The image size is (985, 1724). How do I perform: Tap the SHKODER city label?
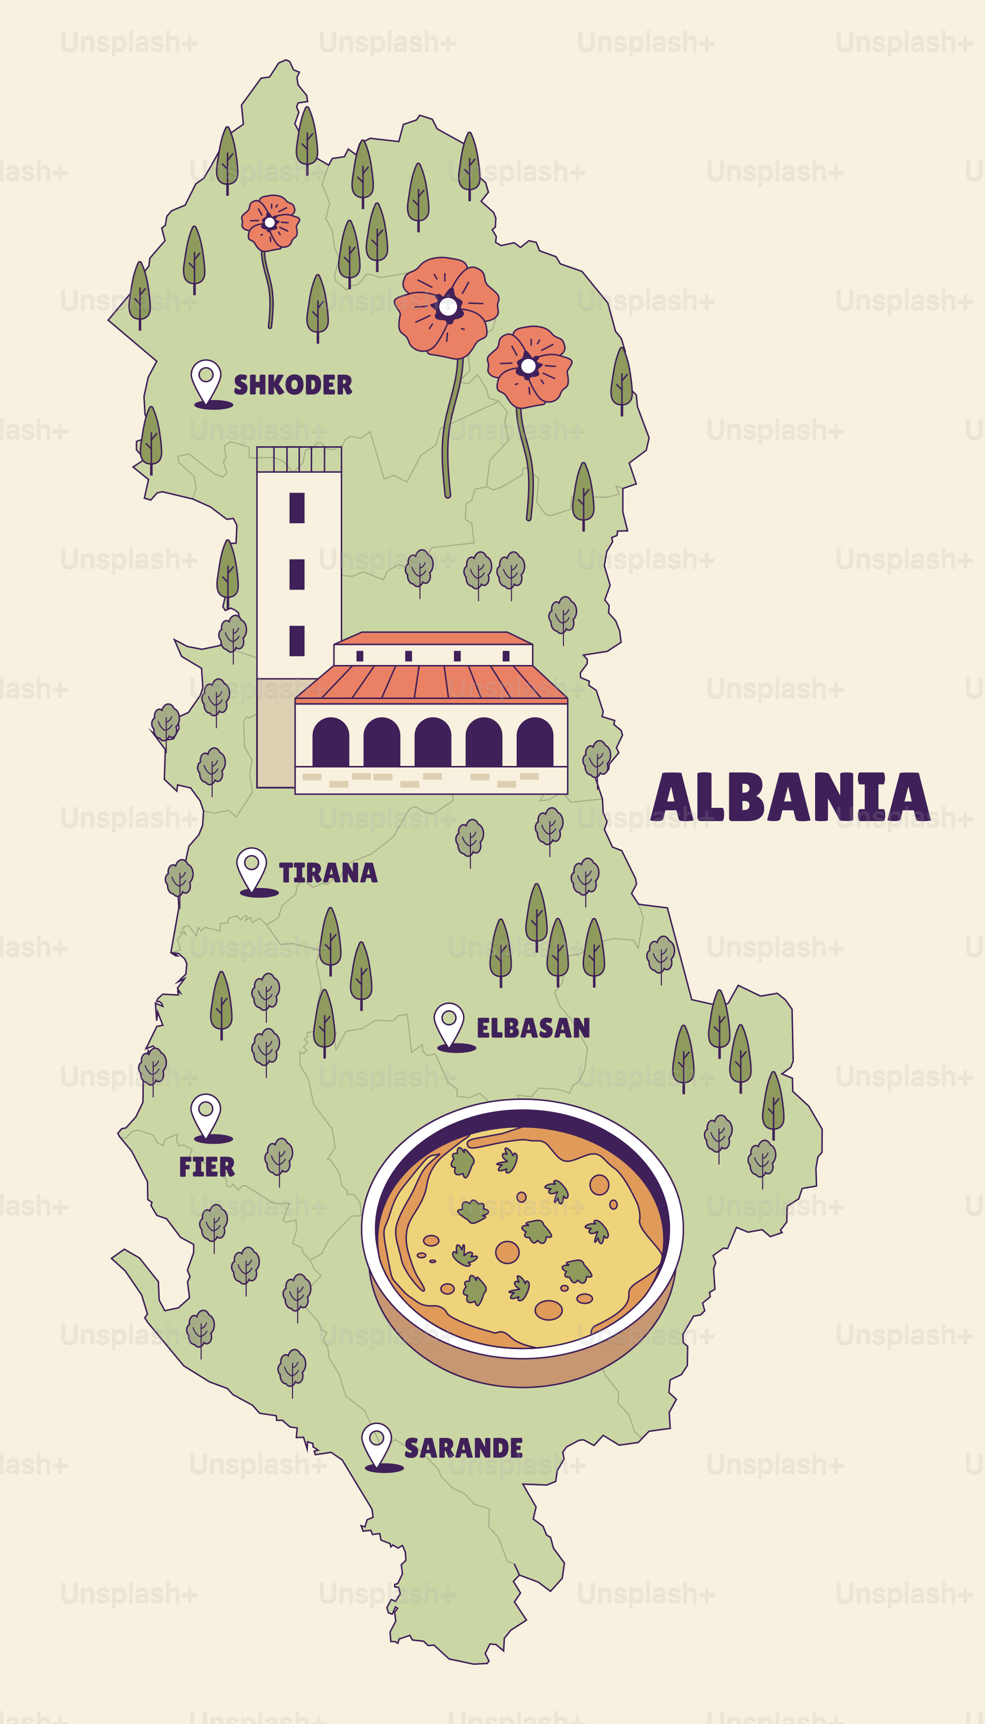[293, 385]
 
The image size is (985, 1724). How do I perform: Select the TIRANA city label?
[328, 873]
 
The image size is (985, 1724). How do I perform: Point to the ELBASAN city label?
[533, 1028]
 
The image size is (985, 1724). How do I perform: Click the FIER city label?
[207, 1167]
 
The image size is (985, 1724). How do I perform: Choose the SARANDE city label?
[463, 1448]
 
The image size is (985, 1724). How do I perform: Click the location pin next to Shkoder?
[206, 380]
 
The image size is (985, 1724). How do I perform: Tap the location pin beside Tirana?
[252, 868]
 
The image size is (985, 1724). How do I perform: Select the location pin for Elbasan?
[449, 1023]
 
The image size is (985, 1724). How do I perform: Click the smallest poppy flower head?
[270, 222]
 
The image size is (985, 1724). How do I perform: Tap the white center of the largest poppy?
[447, 306]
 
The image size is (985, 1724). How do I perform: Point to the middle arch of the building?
[433, 743]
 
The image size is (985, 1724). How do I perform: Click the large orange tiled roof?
[431, 682]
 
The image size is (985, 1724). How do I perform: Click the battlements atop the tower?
[299, 460]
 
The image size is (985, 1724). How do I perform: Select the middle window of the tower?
[297, 574]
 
